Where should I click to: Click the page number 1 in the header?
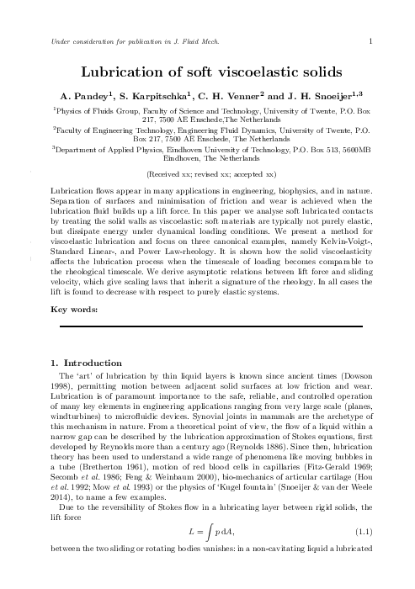(370, 40)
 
